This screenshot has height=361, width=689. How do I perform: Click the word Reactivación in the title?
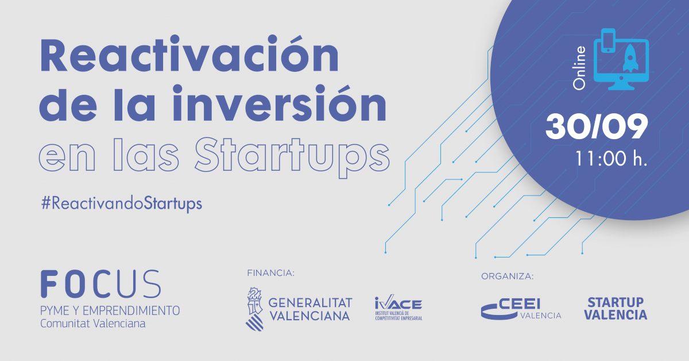point(189,53)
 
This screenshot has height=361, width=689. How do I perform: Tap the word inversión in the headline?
point(279,103)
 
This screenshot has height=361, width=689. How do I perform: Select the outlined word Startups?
point(292,156)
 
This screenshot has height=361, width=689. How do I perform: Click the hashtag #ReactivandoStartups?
point(122,203)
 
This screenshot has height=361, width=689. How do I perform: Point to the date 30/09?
point(597,126)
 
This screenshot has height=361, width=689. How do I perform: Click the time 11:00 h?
point(611,159)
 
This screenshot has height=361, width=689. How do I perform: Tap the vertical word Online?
point(579,68)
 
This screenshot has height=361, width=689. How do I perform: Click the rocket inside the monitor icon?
point(630,58)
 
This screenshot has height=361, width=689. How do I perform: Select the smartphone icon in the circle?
point(608,41)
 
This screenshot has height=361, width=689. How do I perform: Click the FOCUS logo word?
point(101,284)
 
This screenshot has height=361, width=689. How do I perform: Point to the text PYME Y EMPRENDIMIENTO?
point(110,310)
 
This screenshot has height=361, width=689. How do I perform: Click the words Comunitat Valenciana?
point(92,324)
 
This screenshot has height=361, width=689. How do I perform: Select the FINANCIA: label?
point(270,273)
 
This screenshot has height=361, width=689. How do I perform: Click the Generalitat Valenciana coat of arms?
point(255,309)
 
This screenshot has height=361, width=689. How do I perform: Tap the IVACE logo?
point(398,308)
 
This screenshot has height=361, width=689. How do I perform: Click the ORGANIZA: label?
point(507,276)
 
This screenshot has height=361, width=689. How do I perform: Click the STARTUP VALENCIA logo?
point(616,309)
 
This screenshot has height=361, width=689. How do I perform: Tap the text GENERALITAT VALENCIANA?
point(310,310)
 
